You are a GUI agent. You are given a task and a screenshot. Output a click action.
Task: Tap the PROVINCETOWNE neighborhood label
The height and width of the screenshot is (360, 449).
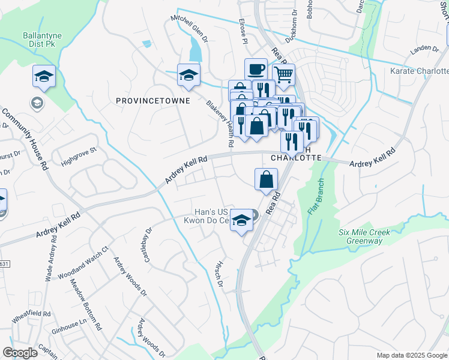pyautogui.click(x=152, y=101)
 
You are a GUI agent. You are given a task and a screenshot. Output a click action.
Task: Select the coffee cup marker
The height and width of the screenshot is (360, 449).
pyautogui.click(x=256, y=69)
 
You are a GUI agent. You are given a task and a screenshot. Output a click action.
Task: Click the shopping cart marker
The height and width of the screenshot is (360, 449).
pyautogui.click(x=284, y=75)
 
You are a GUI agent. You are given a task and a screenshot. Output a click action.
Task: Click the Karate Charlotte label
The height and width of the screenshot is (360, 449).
pyautogui.click(x=419, y=71)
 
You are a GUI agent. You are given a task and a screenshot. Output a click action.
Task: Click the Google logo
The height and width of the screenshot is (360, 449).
pyautogui.click(x=20, y=353)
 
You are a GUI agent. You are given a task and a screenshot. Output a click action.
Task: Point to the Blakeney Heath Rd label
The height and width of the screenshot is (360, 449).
pyautogui.click(x=220, y=124)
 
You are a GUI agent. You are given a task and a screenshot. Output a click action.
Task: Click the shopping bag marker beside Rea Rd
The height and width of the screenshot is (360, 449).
pyautogui.click(x=266, y=179)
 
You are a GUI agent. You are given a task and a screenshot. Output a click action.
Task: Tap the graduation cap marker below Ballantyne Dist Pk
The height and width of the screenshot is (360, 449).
pyautogui.click(x=44, y=77)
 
